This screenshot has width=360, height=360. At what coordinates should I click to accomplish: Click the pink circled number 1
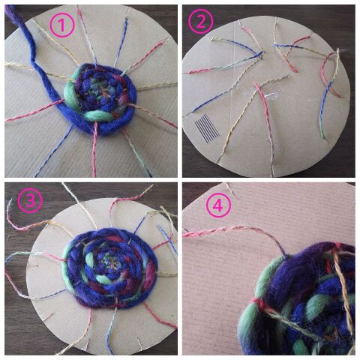click(62, 25)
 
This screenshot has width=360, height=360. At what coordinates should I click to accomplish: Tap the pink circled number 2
click(201, 22)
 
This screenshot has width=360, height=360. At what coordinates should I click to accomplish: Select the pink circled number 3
click(30, 200)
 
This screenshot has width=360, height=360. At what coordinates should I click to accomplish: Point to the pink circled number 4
click(218, 205)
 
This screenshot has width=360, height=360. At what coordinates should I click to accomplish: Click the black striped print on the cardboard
click(207, 128)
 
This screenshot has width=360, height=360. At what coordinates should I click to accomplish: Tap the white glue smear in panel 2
click(269, 96)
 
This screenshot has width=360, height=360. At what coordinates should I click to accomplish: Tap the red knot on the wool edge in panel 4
click(259, 304)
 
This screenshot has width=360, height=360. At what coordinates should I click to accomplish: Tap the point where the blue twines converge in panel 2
click(260, 53)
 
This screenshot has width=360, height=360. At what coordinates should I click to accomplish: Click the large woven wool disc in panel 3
click(110, 268)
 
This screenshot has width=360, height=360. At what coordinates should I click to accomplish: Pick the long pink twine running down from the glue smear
click(266, 125)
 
